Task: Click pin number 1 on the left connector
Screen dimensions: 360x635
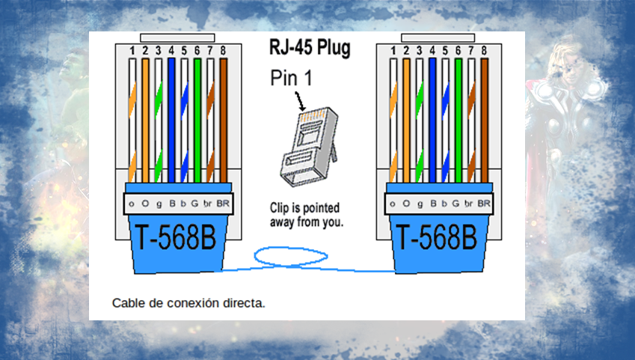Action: (132, 51)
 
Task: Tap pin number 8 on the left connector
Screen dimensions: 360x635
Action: (222, 51)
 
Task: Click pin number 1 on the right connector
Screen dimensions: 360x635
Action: (393, 51)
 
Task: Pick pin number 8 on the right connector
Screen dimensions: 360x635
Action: (484, 51)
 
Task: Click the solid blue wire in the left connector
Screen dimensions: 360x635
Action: (171, 120)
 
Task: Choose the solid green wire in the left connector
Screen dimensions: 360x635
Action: (197, 120)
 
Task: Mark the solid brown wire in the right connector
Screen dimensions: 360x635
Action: (484, 120)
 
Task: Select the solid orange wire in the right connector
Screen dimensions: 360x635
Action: (406, 120)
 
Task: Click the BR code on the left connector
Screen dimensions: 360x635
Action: (222, 203)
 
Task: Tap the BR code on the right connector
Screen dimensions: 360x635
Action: (484, 203)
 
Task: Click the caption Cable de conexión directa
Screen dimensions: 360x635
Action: (188, 303)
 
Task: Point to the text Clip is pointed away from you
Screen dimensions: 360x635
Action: (307, 214)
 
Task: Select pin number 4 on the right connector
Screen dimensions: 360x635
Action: (432, 51)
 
